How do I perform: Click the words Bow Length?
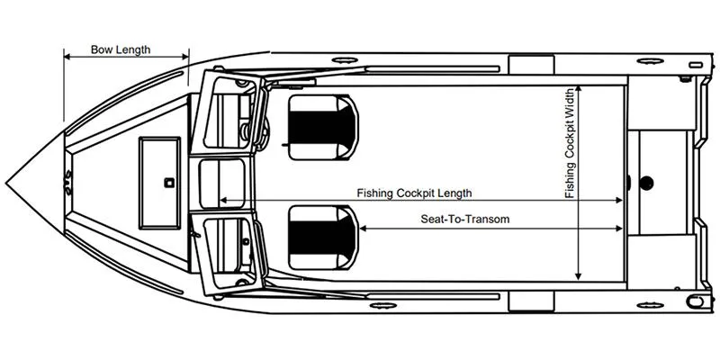121,49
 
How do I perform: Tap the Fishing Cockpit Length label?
414,193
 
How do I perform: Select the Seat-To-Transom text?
465,219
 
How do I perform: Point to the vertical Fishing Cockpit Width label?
570,143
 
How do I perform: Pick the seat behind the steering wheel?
323,127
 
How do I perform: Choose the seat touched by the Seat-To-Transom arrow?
323,238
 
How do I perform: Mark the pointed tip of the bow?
6,184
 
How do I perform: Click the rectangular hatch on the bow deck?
160,183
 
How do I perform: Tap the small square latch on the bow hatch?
169,183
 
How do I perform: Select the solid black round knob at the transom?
646,184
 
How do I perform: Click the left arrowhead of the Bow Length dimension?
67,57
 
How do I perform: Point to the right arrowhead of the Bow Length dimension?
185,57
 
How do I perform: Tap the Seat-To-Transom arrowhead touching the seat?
363,229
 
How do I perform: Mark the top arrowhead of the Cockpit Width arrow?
578,89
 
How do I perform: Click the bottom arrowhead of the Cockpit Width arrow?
578,276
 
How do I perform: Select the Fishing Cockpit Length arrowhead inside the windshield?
223,200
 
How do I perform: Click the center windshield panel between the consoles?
222,184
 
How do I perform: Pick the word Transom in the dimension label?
490,219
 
